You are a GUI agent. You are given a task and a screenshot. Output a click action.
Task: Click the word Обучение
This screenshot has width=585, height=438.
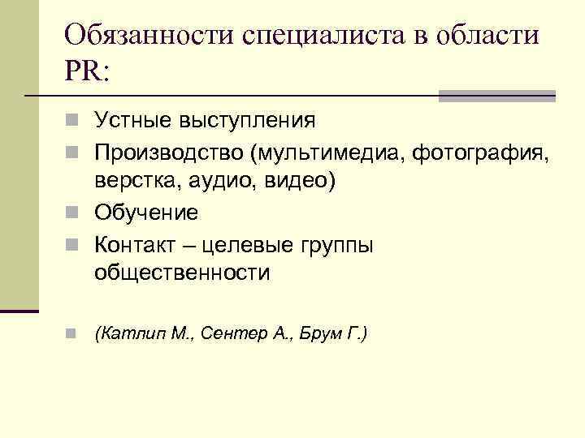point(146,213)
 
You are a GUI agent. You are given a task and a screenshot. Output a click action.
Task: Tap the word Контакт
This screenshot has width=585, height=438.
point(137,243)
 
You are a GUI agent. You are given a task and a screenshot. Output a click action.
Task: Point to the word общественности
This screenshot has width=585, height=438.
point(182,273)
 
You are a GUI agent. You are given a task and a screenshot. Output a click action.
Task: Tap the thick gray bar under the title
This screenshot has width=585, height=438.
point(496,96)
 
